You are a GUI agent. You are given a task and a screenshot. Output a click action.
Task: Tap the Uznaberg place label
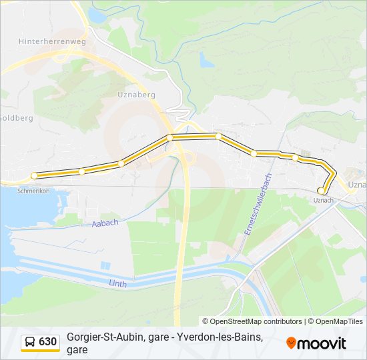pyautogui.click(x=136, y=95)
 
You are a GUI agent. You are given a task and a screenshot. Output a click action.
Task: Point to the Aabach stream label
pyautogui.click(x=105, y=223)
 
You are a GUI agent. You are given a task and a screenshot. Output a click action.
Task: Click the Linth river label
pyautogui.click(x=117, y=283)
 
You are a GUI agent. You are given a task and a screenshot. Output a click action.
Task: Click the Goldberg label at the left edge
pyautogui.click(x=15, y=117)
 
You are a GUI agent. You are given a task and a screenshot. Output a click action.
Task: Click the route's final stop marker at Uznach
pyautogui.click(x=322, y=191)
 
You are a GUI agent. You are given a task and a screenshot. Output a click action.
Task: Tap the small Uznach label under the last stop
pyautogui.click(x=323, y=200)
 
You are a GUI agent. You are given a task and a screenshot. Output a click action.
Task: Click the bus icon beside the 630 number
pyautogui.click(x=30, y=342)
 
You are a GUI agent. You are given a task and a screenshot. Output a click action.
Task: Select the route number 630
pyautogui.click(x=48, y=342)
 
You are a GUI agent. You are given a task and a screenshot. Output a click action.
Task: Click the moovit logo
pyautogui.click(x=316, y=343)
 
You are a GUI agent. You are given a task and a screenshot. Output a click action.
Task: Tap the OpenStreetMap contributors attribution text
pyautogui.click(x=252, y=321)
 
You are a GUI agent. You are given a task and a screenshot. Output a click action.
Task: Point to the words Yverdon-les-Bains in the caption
pyautogui.click(x=220, y=337)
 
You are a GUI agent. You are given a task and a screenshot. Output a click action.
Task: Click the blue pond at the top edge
pyautogui.click(x=97, y=15)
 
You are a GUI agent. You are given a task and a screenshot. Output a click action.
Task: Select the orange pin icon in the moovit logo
pyautogui.click(x=291, y=343)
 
